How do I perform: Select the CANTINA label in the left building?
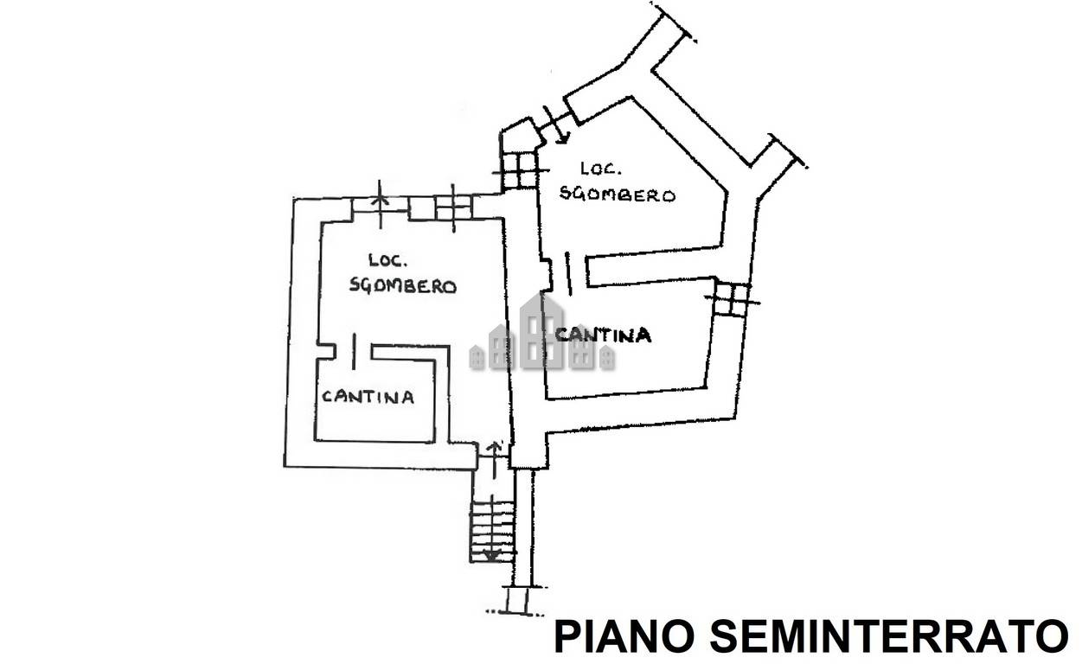368,397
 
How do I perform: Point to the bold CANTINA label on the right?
603,335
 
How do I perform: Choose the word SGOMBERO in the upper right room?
617,195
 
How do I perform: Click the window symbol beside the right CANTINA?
733,299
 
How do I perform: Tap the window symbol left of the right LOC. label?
518,170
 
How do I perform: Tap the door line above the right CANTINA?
567,271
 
